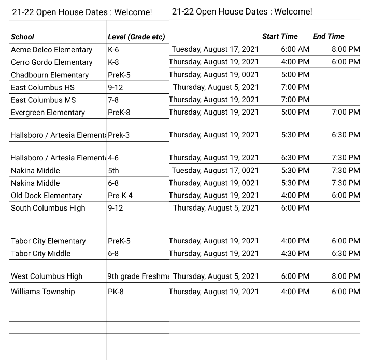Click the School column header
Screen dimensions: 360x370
pos(22,37)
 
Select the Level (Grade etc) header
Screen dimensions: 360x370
pos(136,37)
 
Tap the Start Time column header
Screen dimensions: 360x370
pos(280,36)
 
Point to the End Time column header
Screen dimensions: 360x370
pos(329,36)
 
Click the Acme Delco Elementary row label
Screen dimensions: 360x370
pos(51,50)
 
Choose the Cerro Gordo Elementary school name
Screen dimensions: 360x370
pos(51,62)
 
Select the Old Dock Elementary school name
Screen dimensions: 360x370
pos(46,196)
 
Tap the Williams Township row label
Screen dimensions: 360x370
pos(42,292)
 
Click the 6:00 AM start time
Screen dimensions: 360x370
pos(295,49)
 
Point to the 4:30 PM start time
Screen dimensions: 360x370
pos(295,253)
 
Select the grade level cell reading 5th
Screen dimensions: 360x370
pos(113,171)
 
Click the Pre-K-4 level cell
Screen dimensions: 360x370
pos(120,196)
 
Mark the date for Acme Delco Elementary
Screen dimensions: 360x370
pos(215,49)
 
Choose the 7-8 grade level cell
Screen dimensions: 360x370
pos(113,100)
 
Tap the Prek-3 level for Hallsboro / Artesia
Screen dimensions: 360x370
pos(119,135)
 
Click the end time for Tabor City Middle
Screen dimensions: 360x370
pos(345,253)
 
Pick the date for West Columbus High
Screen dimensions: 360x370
pos(216,276)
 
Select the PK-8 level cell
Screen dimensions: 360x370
pos(115,292)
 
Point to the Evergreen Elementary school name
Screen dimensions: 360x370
pos(48,113)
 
